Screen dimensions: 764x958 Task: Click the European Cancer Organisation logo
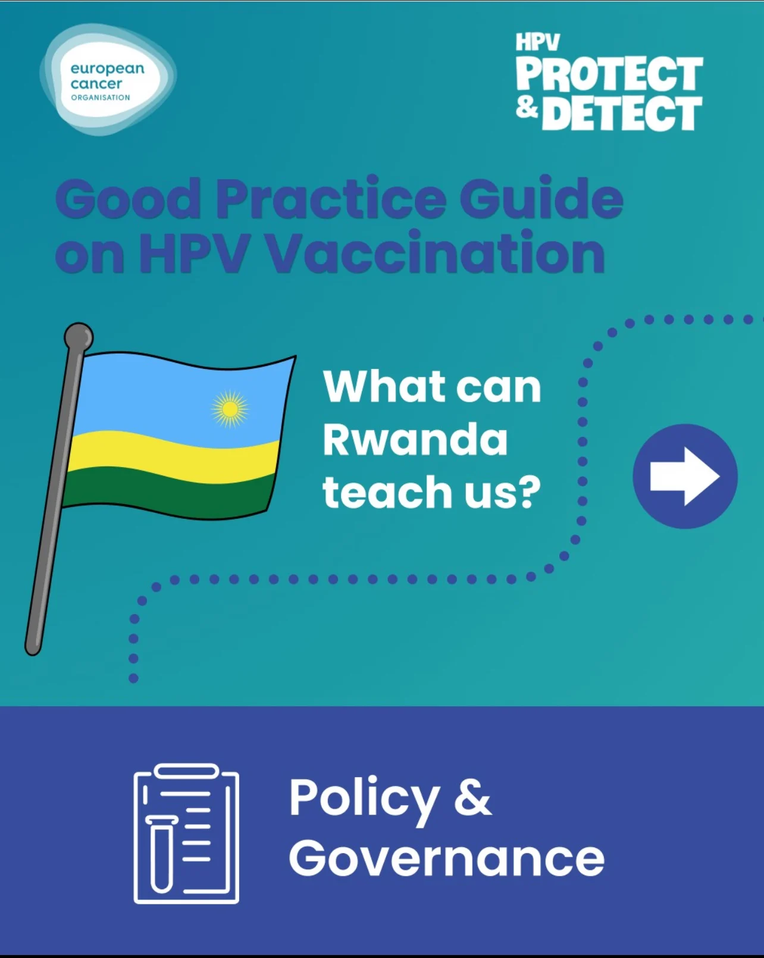coord(108,79)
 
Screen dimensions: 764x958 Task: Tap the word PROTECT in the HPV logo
coord(609,74)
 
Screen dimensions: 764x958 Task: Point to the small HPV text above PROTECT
coord(537,42)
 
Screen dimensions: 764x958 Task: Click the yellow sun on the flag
coord(230,409)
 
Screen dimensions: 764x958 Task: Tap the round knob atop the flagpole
coord(79,337)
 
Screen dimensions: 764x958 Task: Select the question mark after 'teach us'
coord(530,491)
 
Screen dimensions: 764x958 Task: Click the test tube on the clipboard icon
coord(162,854)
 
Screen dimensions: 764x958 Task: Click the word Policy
coord(364,800)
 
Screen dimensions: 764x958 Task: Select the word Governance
coord(447,859)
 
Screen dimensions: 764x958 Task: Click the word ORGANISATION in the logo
coord(101,98)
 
